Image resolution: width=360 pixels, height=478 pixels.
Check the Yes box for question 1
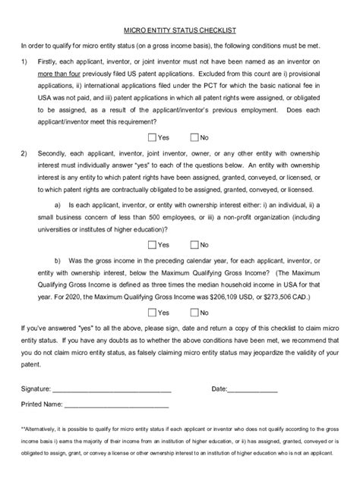(x=153, y=137)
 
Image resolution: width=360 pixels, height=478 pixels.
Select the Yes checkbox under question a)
(x=153, y=244)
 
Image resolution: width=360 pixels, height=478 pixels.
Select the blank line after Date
(x=253, y=389)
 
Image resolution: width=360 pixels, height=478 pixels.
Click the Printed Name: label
(x=43, y=404)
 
